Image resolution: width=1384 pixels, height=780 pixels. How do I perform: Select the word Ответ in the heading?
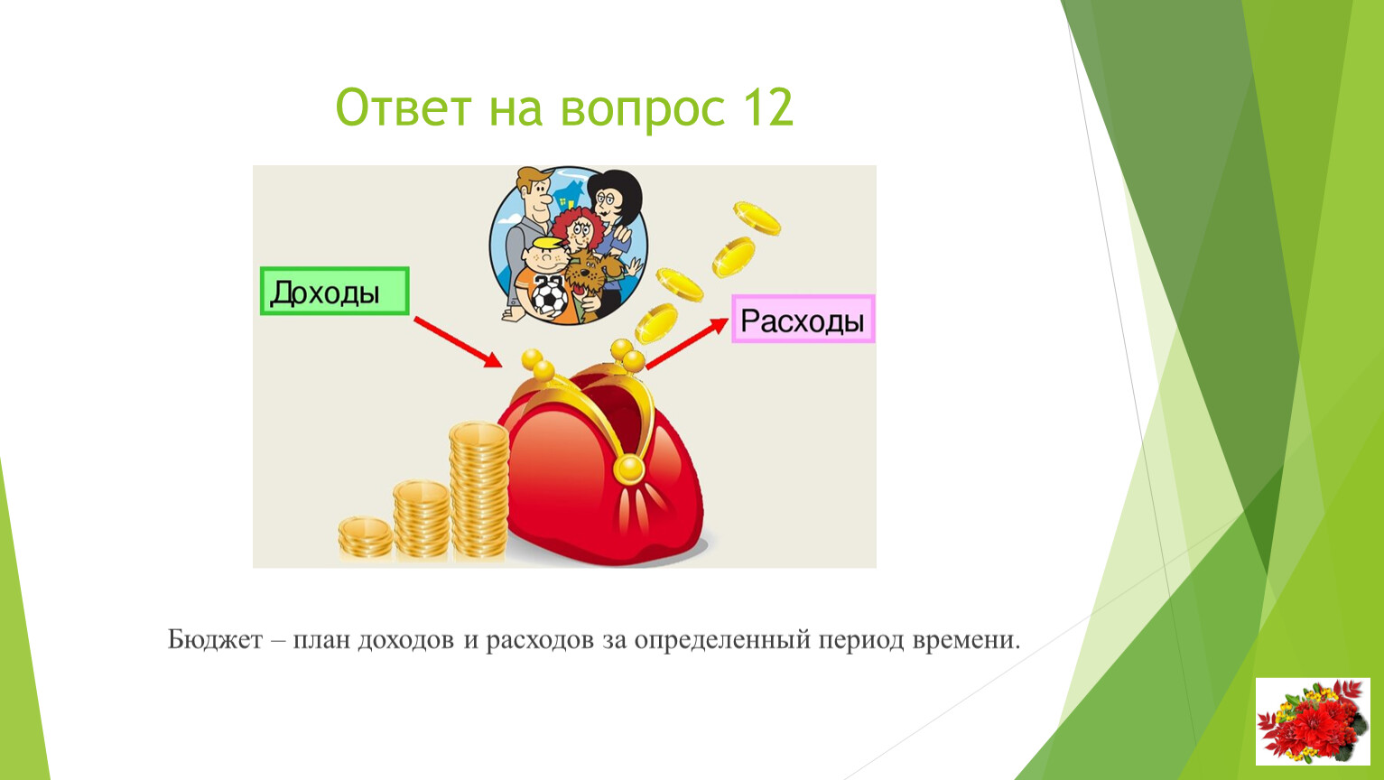[403, 107]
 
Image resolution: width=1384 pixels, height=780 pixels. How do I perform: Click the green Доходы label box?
[334, 291]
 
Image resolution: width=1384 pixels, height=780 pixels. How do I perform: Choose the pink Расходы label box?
[803, 319]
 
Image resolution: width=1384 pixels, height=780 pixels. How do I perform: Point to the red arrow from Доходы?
[458, 342]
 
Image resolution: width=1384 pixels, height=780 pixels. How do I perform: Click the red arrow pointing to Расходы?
[687, 343]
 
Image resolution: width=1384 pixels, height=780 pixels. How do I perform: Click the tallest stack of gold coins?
[478, 491]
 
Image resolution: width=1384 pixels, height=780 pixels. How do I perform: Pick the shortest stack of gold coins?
[365, 538]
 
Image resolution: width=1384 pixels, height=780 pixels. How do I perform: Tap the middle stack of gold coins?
[422, 520]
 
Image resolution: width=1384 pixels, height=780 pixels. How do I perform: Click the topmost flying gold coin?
[757, 218]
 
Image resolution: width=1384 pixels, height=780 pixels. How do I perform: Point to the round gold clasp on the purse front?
[629, 469]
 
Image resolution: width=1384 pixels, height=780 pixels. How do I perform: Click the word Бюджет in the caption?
[216, 640]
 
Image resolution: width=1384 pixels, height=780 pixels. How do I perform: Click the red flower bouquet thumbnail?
[1313, 721]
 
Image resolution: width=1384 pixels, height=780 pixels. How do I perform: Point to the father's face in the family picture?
[536, 194]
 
